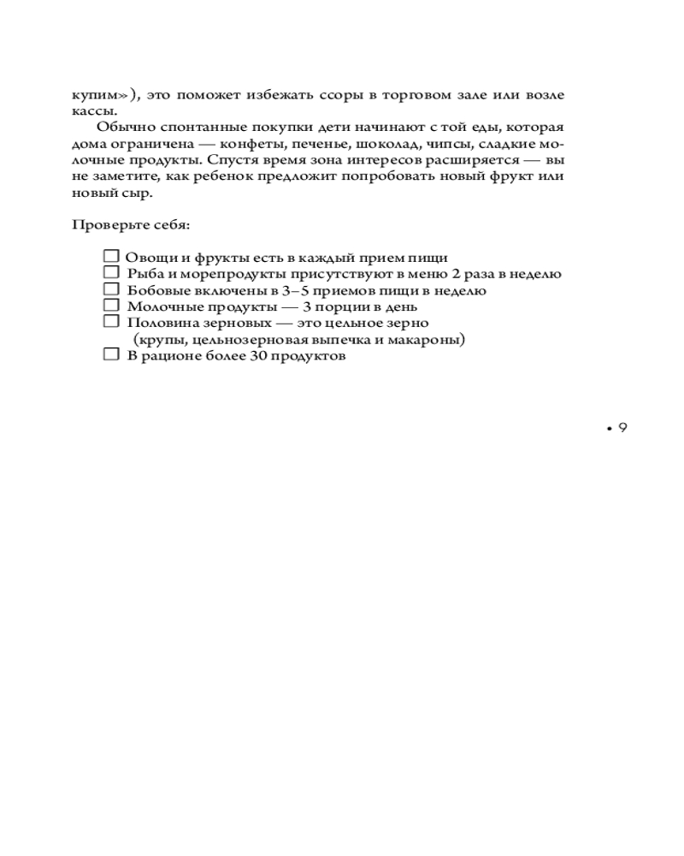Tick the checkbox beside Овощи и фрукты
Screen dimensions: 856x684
110,256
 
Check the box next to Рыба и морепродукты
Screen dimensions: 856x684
110,272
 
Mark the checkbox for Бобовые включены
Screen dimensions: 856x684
110,288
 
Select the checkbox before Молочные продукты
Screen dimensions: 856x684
110,305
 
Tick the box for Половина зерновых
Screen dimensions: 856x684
110,321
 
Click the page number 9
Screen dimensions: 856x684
622,428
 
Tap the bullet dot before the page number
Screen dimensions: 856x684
608,429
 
